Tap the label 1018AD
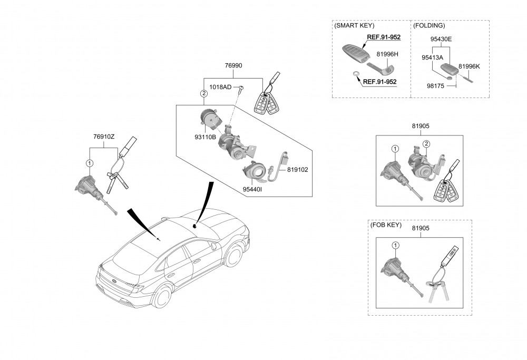(221, 87)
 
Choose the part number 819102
(297, 170)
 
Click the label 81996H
(387, 54)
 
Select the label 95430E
(441, 39)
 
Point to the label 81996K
(469, 66)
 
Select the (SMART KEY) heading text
(354, 25)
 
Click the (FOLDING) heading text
(429, 25)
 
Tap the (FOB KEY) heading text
(386, 225)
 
